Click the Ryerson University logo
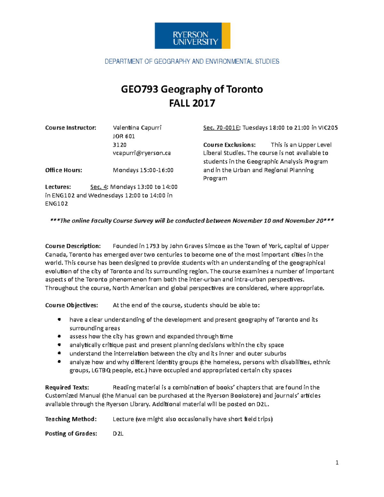pyautogui.click(x=192, y=36)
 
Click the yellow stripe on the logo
pyautogui.click(x=226, y=36)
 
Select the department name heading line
pyautogui.click(x=192, y=61)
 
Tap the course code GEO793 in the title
pyautogui.click(x=140, y=89)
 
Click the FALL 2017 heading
pyautogui.click(x=192, y=103)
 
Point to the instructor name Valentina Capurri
pyautogui.click(x=137, y=128)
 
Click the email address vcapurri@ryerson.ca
pyautogui.click(x=141, y=153)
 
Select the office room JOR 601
pyautogui.click(x=124, y=136)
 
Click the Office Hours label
pyautogui.click(x=63, y=170)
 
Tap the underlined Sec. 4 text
pyautogui.click(x=99, y=187)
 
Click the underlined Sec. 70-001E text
pyautogui.click(x=221, y=128)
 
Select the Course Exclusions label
pyautogui.click(x=229, y=145)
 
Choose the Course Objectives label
pyautogui.click(x=71, y=305)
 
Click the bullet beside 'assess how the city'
pyautogui.click(x=59, y=336)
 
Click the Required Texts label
pyautogui.click(x=67, y=388)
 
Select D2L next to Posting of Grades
pyautogui.click(x=118, y=434)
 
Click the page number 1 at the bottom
pyautogui.click(x=337, y=462)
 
